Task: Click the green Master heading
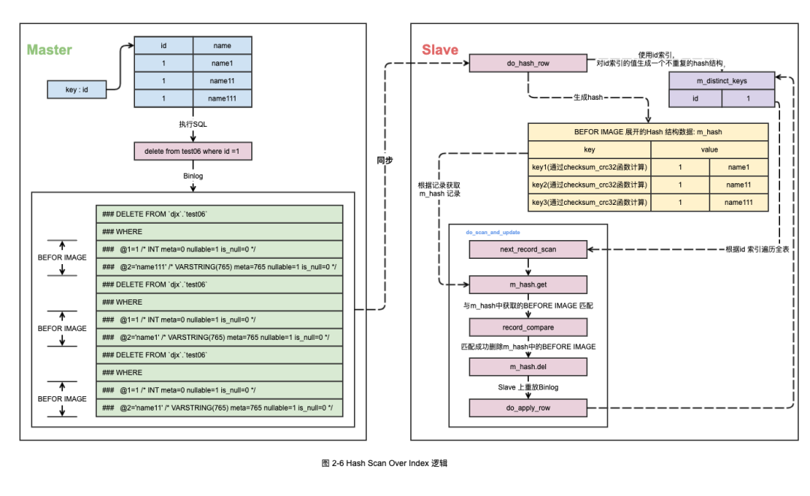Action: [x=49, y=50]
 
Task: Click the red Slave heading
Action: [x=439, y=50]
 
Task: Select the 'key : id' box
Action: [x=76, y=90]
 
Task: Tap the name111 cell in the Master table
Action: [x=222, y=99]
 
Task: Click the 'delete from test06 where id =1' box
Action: [x=193, y=152]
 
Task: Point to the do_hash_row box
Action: [x=528, y=64]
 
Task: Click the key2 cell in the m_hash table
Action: [x=589, y=185]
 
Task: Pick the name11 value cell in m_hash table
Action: [x=739, y=185]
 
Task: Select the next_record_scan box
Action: [x=528, y=249]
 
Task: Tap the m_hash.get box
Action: [x=528, y=285]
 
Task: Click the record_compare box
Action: [x=528, y=327]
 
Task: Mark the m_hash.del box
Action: [x=528, y=367]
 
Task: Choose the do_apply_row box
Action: [x=528, y=408]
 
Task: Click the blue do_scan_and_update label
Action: [x=493, y=233]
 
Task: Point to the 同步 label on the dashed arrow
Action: [x=385, y=160]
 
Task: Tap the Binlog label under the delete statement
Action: [x=193, y=176]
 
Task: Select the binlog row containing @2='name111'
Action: [x=219, y=266]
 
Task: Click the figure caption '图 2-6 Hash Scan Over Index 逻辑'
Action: [x=384, y=464]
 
